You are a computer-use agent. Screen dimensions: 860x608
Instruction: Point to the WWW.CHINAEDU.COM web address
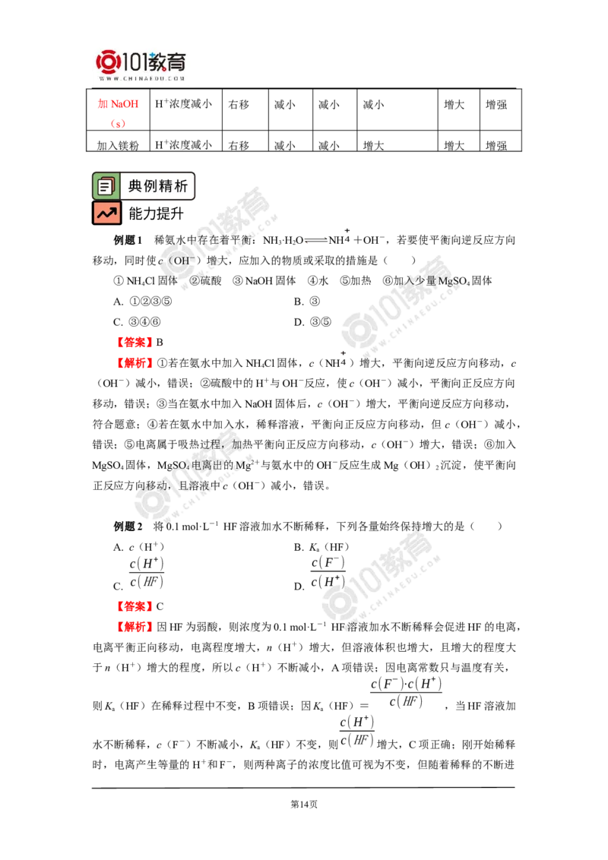point(142,78)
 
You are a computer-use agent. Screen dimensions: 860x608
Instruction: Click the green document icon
point(106,185)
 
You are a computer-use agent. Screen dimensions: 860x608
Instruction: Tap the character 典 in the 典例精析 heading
point(135,186)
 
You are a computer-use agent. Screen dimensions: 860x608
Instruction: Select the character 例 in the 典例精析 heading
point(151,186)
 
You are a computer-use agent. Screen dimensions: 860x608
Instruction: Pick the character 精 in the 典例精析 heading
point(167,186)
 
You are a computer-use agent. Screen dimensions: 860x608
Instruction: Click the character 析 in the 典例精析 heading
point(182,186)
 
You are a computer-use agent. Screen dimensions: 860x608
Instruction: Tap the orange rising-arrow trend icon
point(106,213)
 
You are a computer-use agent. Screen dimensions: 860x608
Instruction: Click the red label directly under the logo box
point(118,103)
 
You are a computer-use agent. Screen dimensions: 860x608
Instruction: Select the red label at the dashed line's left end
point(134,342)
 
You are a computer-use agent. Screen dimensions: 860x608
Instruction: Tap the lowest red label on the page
point(134,627)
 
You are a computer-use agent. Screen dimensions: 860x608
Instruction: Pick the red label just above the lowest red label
point(134,606)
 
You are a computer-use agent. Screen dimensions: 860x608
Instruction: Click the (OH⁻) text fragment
point(182,261)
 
